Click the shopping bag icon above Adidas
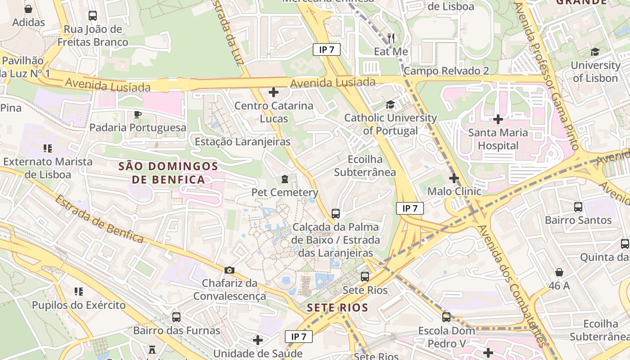28,9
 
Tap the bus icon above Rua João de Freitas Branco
93,16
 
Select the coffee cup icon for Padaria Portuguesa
138,114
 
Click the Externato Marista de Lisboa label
48,168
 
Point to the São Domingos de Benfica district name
168,173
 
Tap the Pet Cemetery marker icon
284,180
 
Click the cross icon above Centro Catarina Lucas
274,93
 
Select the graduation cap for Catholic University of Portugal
390,105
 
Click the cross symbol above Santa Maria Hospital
498,119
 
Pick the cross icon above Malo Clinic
454,178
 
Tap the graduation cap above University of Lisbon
595,52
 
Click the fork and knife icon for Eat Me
391,38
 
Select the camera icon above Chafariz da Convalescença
229,270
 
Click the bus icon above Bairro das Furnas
176,317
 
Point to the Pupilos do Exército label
79,305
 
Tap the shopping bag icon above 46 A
559,272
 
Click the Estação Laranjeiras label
243,142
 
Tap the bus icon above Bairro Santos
578,207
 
